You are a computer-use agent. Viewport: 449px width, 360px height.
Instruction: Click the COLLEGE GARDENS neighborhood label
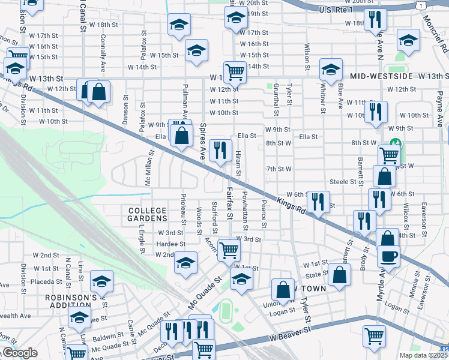pyautogui.click(x=147, y=215)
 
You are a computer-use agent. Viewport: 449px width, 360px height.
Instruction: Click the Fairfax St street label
pyautogui.click(x=229, y=203)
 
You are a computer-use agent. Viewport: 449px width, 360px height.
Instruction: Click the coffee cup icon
pyautogui.click(x=388, y=255)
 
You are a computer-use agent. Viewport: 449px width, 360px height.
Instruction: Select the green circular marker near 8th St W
pyautogui.click(x=394, y=144)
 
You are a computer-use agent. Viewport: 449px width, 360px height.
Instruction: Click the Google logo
pyautogui.click(x=19, y=353)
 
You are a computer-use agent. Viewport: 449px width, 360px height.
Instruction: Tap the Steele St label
pyautogui.click(x=343, y=182)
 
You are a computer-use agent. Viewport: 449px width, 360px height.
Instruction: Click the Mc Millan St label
pyautogui.click(x=147, y=170)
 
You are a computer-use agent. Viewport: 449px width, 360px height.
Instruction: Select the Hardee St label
pyautogui.click(x=170, y=244)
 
